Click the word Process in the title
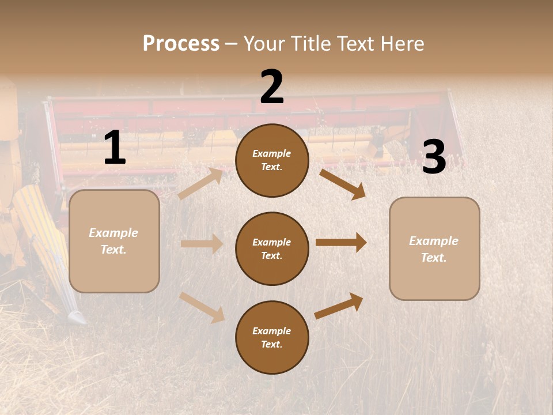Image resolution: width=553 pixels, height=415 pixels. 181,44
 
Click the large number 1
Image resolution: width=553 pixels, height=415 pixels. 115,148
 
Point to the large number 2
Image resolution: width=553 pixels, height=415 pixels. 272,87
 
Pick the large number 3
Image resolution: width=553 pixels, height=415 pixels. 434,157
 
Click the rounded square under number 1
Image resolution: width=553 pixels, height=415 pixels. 114,241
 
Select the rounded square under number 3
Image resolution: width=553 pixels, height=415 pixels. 434,249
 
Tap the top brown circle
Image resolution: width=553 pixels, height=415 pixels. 272,160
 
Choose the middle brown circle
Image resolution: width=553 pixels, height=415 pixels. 272,248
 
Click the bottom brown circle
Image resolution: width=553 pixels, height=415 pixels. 272,337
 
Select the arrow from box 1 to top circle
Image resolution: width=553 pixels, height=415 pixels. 200,184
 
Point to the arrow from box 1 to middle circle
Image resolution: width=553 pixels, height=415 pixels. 202,244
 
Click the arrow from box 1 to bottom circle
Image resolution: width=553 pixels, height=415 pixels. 202,307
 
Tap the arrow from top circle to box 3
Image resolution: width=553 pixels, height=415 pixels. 342,184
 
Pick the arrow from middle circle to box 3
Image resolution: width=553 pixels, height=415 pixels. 341,243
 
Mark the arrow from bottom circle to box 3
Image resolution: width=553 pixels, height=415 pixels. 339,305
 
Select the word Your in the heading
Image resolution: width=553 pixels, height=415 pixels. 262,44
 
